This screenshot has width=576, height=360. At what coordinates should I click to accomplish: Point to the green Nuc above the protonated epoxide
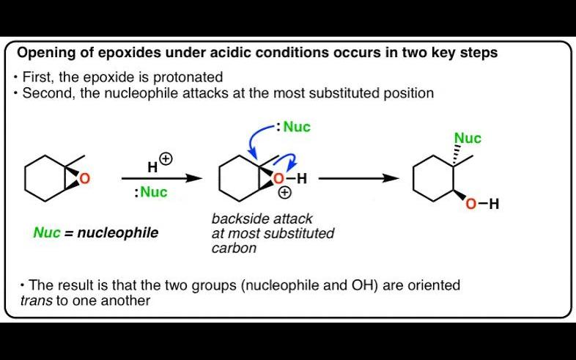tap(297, 127)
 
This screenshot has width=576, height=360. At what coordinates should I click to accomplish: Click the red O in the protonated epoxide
tap(278, 178)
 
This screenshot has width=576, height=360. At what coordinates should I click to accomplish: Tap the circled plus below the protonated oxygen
tap(284, 194)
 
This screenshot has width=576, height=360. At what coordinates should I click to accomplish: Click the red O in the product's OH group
tap(470, 205)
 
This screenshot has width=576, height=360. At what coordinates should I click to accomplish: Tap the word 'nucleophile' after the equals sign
tap(122, 233)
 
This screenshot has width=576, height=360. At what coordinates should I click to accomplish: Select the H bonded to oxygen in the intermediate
tap(302, 178)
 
